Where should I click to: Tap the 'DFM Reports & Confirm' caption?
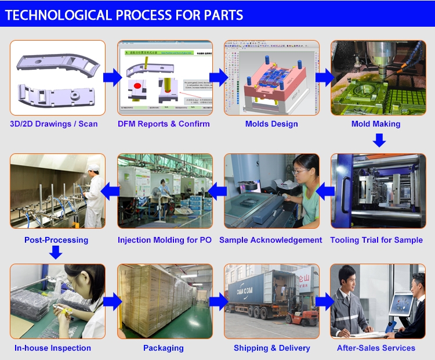click(x=164, y=124)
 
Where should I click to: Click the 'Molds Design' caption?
click(x=271, y=124)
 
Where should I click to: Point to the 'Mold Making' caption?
click(x=376, y=124)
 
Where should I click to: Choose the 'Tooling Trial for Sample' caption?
click(x=376, y=240)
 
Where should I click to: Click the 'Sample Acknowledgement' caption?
click(x=270, y=240)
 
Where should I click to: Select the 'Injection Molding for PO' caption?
click(x=165, y=240)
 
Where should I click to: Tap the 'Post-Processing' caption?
click(x=56, y=240)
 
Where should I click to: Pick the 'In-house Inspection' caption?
click(x=53, y=348)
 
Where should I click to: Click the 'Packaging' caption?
click(x=164, y=348)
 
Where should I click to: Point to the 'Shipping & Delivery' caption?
click(x=272, y=348)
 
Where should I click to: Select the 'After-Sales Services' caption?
click(x=376, y=348)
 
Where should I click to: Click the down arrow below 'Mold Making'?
click(x=379, y=140)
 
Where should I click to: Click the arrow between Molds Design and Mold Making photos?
click(x=324, y=76)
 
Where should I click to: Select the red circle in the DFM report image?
click(x=138, y=86)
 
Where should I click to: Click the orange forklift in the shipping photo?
click(x=301, y=314)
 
